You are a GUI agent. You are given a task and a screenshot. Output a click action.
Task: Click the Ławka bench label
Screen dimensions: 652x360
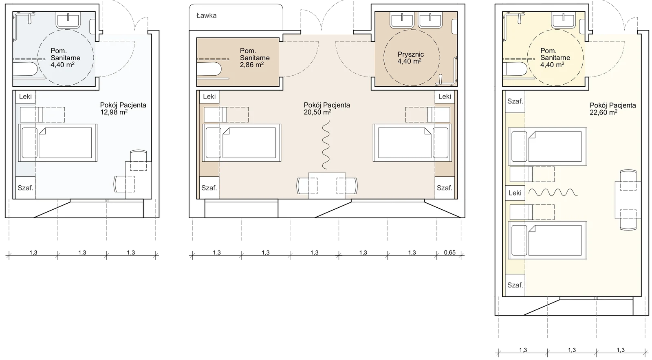pyautogui.click(x=206, y=16)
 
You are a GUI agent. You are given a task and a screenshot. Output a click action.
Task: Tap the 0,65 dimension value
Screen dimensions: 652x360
pyautogui.click(x=450, y=252)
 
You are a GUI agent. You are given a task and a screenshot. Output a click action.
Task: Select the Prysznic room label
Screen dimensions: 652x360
pyautogui.click(x=411, y=55)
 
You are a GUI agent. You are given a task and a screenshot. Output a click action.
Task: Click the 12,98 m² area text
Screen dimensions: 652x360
pyautogui.click(x=114, y=112)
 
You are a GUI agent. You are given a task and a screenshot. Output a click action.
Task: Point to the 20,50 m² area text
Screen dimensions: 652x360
pyautogui.click(x=317, y=112)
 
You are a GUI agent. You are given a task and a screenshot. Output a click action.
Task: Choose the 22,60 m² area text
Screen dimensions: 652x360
pyautogui.click(x=604, y=112)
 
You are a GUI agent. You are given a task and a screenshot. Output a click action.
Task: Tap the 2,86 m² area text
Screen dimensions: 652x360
pyautogui.click(x=252, y=65)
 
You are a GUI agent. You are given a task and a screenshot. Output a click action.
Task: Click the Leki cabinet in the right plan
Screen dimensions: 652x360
pyautogui.click(x=515, y=193)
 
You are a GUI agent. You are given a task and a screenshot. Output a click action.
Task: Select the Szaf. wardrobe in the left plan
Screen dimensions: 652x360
pyautogui.click(x=25, y=188)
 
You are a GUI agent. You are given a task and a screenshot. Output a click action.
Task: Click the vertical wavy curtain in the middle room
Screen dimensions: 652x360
pyautogui.click(x=326, y=145)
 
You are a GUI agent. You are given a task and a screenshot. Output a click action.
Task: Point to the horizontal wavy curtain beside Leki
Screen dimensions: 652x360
pyautogui.click(x=553, y=193)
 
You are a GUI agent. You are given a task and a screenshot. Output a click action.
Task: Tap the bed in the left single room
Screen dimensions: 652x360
pyautogui.click(x=57, y=143)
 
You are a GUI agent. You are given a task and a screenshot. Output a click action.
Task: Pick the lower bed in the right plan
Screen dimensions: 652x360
pyautogui.click(x=548, y=240)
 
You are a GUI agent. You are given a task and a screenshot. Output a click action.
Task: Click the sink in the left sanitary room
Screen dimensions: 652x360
pyautogui.click(x=68, y=20)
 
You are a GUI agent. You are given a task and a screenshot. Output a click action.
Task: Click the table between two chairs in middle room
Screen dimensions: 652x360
pyautogui.click(x=327, y=186)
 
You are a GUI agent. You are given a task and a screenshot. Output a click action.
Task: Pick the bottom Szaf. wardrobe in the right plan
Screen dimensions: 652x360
pyautogui.click(x=515, y=285)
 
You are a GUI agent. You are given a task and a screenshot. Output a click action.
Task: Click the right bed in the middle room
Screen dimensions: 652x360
pyautogui.click(x=412, y=143)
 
